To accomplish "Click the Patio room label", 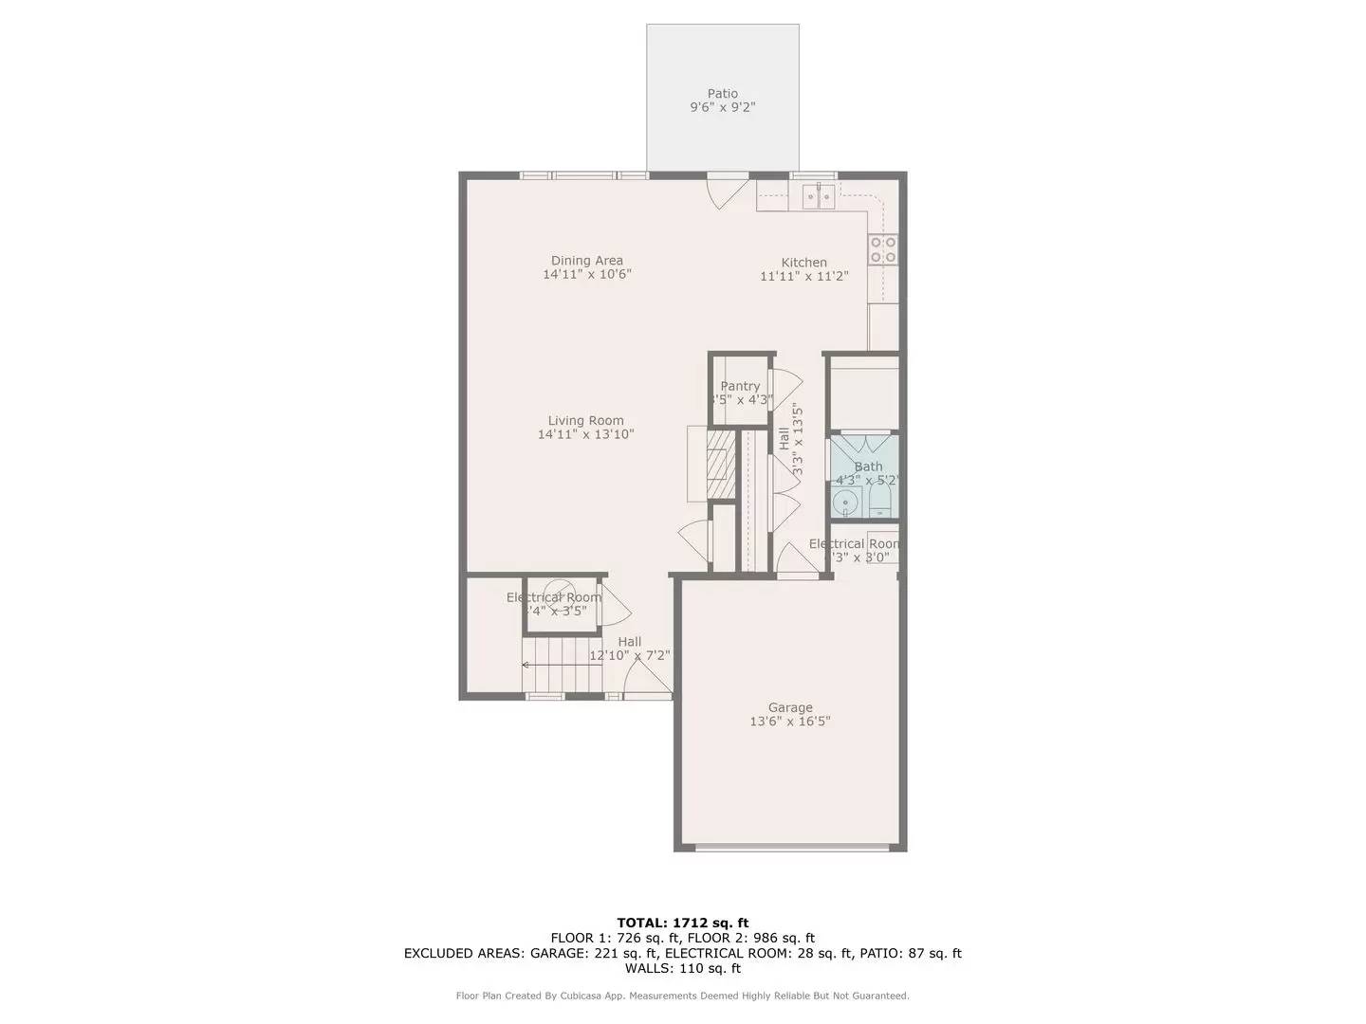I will pos(722,94).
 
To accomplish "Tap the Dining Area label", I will pos(587,261).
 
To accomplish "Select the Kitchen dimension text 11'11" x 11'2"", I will pos(803,277).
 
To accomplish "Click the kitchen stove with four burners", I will pos(883,249).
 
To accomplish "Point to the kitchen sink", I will pos(818,196).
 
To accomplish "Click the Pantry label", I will pos(740,386).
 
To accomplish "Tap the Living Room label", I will pos(586,421).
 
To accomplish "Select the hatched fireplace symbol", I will pos(721,465).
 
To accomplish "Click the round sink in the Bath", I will pos(844,502).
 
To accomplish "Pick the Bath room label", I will pos(868,466).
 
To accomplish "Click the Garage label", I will pos(790,707).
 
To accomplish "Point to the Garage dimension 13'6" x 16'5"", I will pos(790,722).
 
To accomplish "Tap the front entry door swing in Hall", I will pos(645,679).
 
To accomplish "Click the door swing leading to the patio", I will pos(726,191).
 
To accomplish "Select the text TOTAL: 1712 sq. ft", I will pos(682,923).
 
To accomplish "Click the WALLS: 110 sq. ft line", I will pos(682,968).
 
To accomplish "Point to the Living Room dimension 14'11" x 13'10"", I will pos(585,435).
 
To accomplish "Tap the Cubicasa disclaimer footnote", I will pos(682,996).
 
